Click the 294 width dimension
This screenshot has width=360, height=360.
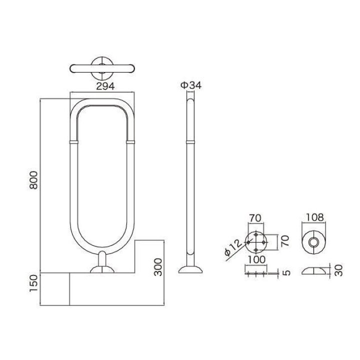[103, 86]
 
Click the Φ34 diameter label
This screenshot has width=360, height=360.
[190, 85]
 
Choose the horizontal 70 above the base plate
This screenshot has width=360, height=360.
[255, 218]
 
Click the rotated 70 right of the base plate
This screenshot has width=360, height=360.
[284, 242]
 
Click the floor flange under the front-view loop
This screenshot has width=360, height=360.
[103, 270]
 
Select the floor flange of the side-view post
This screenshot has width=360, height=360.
[190, 270]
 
